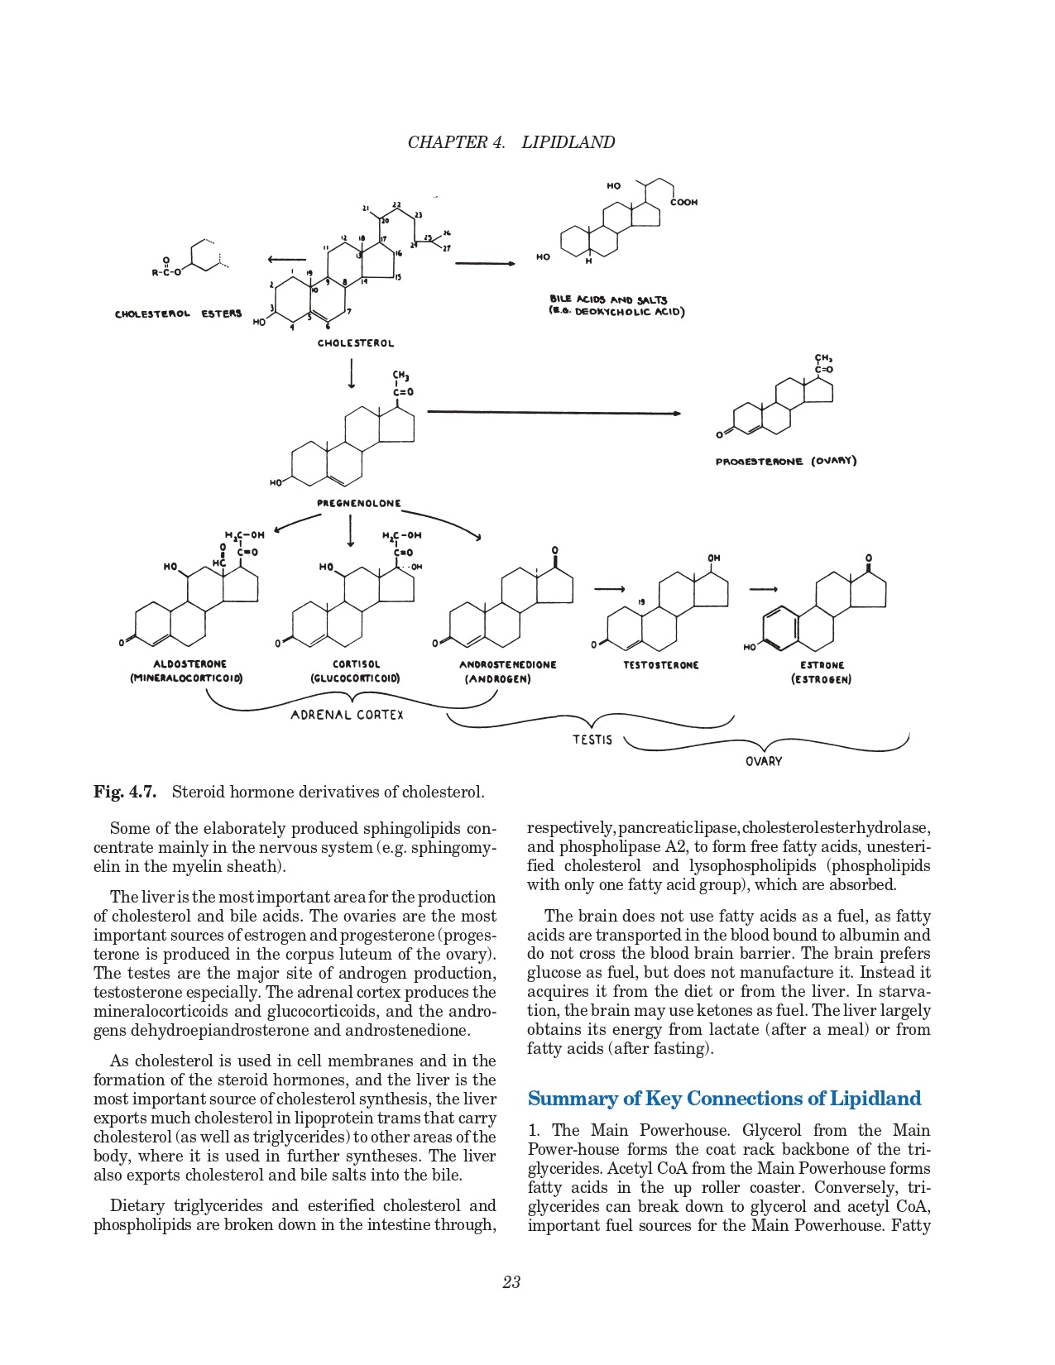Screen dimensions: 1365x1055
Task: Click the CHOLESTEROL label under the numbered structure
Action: coord(356,342)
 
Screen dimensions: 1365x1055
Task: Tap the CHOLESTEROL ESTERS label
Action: coord(179,314)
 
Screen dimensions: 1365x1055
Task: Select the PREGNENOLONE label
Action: coord(359,503)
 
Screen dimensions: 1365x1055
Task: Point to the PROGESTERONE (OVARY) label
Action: coord(785,461)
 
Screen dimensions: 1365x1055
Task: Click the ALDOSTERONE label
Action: coord(189,663)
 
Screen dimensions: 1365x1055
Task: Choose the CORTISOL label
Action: coord(356,663)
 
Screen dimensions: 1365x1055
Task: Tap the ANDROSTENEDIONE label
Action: coord(507,664)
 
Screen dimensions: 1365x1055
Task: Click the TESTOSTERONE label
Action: coord(660,664)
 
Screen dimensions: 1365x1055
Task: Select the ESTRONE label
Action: coord(822,664)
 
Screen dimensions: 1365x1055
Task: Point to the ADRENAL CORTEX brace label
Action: coord(347,715)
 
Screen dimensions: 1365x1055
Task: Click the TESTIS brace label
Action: coord(592,739)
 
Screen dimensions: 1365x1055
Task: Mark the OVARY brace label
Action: coord(763,761)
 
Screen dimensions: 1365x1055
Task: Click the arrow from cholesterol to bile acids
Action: coord(485,264)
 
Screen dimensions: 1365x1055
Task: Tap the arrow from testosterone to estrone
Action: coord(763,589)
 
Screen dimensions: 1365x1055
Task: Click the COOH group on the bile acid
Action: coord(683,202)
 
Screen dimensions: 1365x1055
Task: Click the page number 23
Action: coord(511,1282)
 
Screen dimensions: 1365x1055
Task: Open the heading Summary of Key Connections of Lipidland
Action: coord(724,1099)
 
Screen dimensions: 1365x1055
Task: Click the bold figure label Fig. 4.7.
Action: coord(125,792)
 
